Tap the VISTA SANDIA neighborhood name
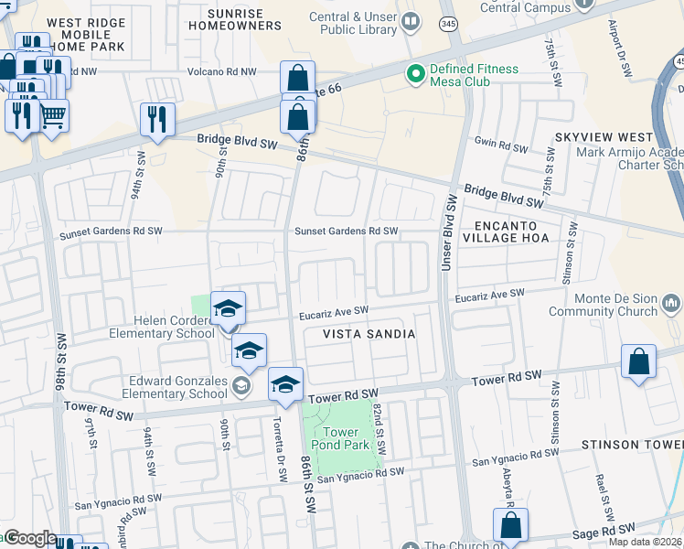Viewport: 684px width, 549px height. pyautogui.click(x=369, y=335)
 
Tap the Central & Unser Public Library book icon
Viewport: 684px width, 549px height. pyautogui.click(x=411, y=21)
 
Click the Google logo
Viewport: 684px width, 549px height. pyautogui.click(x=29, y=538)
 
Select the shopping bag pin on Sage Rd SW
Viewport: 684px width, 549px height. pyautogui.click(x=510, y=526)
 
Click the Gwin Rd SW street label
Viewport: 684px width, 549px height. pyautogui.click(x=501, y=147)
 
